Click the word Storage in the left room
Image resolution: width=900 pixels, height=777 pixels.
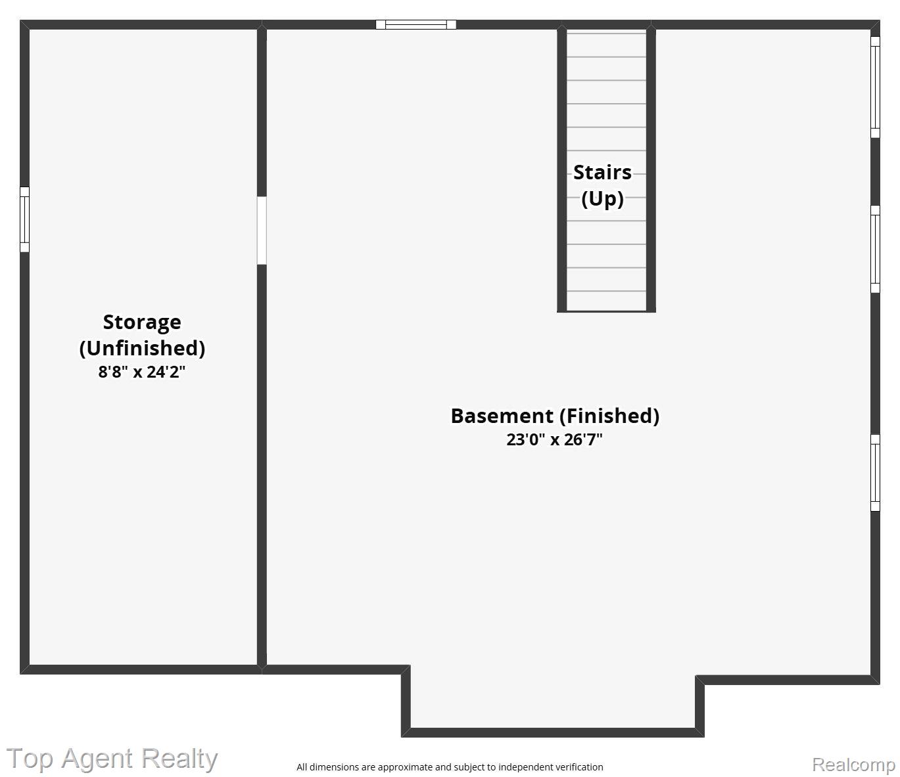tap(142, 322)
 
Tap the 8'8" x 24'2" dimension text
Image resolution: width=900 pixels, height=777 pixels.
tap(142, 372)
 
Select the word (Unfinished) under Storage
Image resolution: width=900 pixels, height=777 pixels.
tap(142, 348)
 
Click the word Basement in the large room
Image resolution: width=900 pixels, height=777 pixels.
tap(502, 416)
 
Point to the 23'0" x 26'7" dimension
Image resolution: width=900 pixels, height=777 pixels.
tap(554, 440)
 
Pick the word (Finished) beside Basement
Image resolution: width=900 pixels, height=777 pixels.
tap(609, 416)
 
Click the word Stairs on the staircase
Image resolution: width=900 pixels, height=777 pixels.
tap(602, 173)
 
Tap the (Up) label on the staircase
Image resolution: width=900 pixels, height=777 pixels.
tap(602, 199)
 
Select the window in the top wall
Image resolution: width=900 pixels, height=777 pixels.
tap(416, 24)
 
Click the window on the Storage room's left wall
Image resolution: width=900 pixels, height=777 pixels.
tap(24, 219)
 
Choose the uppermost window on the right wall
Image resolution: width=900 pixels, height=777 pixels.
tap(875, 87)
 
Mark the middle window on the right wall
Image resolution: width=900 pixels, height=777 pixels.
tap(875, 250)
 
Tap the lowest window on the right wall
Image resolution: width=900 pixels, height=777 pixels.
tap(875, 473)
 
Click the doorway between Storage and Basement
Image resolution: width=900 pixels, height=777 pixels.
tap(261, 231)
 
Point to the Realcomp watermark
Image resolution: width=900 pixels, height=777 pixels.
tap(853, 765)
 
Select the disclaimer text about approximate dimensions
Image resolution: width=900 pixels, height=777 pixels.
tap(450, 767)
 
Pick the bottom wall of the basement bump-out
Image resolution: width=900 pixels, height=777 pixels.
tap(552, 732)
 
